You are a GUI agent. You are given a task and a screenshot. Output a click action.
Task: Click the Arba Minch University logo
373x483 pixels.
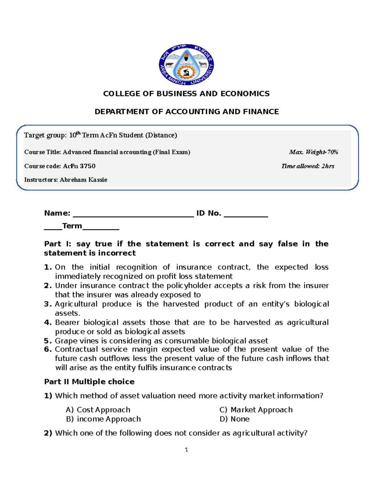coord(186,65)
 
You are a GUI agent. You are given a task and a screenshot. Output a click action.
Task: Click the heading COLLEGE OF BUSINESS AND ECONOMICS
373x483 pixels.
coord(186,94)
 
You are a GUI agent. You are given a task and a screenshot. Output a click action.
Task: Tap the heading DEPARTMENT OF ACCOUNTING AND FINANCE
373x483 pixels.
coord(186,112)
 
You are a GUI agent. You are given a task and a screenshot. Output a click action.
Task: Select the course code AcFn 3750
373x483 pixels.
coord(79,166)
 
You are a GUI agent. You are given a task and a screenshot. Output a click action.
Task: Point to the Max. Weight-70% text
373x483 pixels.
coord(313,152)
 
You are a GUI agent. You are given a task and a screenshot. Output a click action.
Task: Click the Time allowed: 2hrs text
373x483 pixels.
coord(308,166)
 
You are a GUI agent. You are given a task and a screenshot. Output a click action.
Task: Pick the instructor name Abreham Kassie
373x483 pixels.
coord(83,180)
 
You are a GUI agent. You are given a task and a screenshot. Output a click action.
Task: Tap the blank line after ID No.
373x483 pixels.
coord(246,215)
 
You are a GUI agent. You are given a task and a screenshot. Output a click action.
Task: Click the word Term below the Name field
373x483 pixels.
coord(72,226)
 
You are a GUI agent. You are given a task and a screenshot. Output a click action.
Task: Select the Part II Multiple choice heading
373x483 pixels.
coord(89,382)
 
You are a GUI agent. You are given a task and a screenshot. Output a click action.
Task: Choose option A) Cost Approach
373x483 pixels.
coord(98,410)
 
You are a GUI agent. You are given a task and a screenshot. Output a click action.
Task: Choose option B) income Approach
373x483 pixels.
coord(103,419)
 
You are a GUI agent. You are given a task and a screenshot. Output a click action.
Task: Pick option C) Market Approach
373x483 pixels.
coord(256,410)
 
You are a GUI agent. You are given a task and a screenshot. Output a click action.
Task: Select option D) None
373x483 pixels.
coord(234,419)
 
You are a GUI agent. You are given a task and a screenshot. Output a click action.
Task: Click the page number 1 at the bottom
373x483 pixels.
coord(186,449)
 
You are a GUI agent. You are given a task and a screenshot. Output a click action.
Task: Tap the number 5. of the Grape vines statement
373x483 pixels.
coord(48,341)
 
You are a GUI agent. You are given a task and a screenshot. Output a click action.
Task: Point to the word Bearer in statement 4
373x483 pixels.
coord(67,323)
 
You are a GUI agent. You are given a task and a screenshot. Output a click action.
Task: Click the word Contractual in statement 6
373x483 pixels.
coord(76,349)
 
